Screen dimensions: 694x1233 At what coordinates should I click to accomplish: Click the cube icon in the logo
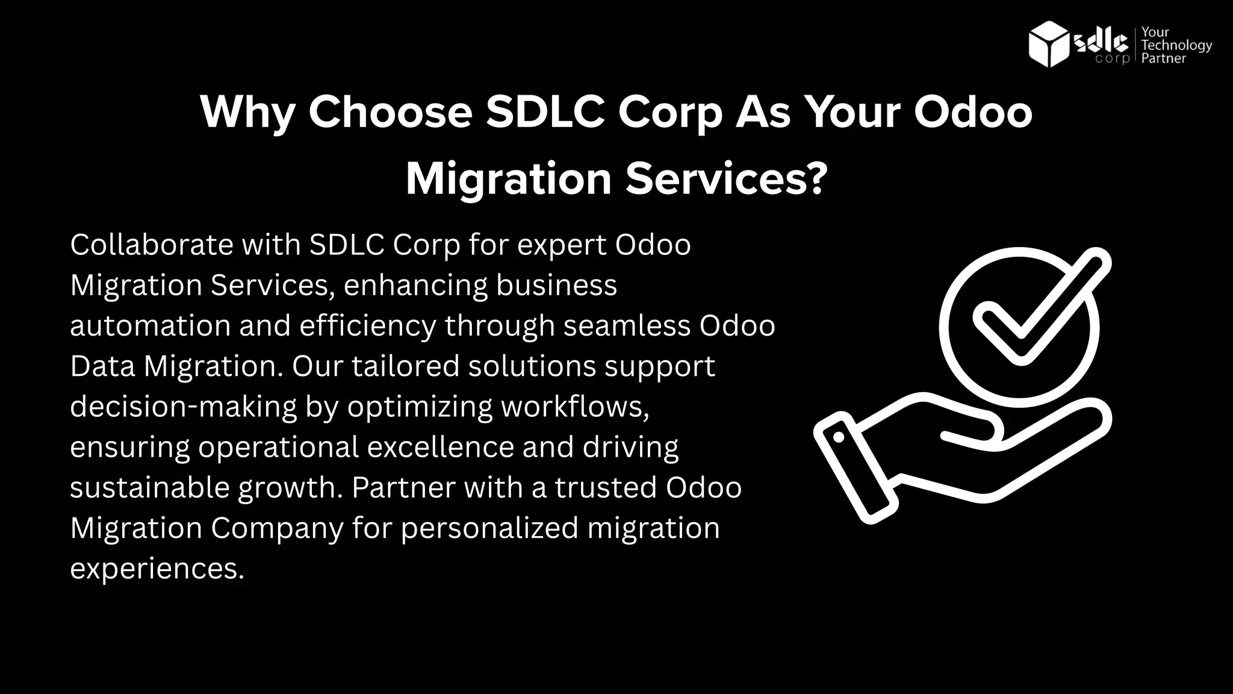pyautogui.click(x=1049, y=43)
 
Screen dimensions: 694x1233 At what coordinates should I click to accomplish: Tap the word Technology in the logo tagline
pyautogui.click(x=1176, y=46)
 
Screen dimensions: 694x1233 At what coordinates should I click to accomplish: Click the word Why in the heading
pyautogui.click(x=247, y=112)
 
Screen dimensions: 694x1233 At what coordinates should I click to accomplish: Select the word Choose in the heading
pyautogui.click(x=390, y=112)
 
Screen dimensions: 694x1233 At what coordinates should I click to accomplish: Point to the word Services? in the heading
pyautogui.click(x=727, y=179)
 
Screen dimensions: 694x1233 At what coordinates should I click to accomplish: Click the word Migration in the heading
pyautogui.click(x=509, y=179)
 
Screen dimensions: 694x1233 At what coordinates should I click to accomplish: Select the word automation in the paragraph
pyautogui.click(x=150, y=326)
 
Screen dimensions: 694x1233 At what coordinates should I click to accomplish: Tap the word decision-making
pyautogui.click(x=183, y=407)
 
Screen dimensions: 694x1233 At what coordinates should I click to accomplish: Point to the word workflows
pyautogui.click(x=574, y=407)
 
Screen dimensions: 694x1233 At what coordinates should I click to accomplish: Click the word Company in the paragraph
pyautogui.click(x=276, y=528)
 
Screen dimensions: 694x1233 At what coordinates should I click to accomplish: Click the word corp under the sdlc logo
pyautogui.click(x=1112, y=59)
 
